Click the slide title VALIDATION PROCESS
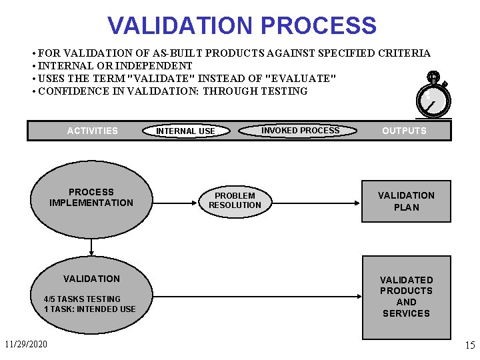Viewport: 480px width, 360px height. coord(242,26)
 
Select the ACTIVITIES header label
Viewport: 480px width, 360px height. coord(92,131)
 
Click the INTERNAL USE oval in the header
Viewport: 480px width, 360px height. coord(185,131)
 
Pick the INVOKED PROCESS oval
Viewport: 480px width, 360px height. coord(300,131)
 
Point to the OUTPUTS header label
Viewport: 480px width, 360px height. coord(404,131)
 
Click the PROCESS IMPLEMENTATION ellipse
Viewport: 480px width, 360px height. coord(91,198)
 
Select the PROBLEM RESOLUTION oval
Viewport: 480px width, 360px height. coord(235,201)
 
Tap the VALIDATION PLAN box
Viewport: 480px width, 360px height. coord(406,201)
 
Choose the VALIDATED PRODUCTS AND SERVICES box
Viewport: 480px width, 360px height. coord(406,297)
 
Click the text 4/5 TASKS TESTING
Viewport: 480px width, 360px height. coord(82,299)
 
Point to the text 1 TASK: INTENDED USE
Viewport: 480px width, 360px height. coord(89,309)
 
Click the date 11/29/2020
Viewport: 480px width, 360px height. coord(25,345)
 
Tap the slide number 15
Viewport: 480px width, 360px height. coord(469,346)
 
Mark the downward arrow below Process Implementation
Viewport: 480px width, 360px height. coord(91,248)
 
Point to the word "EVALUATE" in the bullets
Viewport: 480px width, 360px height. coord(301,79)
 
